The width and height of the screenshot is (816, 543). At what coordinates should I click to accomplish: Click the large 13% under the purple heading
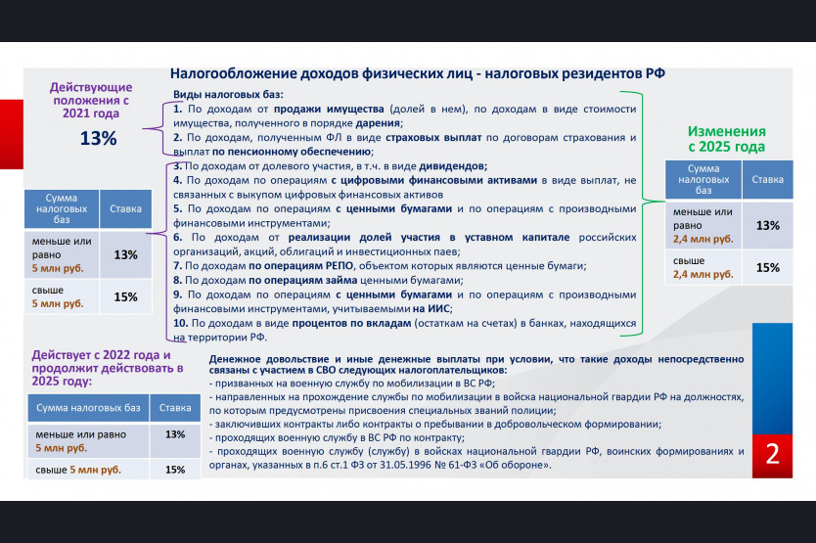point(99,138)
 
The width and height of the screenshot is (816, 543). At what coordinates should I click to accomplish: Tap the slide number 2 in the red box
point(772,454)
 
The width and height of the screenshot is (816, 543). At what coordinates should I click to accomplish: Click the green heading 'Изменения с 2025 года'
point(727,139)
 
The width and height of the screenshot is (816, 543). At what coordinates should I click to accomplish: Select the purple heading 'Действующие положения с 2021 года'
point(91,100)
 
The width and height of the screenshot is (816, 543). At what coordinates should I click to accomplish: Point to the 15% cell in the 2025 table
point(768,268)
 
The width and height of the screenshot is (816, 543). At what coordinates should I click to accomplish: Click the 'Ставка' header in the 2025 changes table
point(768,179)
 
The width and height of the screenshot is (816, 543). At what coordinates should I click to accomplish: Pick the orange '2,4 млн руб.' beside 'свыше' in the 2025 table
point(703,274)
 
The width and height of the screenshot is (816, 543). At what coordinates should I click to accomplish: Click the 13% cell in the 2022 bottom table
point(175,434)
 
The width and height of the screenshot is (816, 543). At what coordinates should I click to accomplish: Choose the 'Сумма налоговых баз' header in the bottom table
point(88,408)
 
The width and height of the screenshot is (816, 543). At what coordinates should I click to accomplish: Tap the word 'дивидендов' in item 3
point(453,166)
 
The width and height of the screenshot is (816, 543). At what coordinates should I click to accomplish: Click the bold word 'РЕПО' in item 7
point(340,265)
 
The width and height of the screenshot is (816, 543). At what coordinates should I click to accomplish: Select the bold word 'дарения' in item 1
point(379,123)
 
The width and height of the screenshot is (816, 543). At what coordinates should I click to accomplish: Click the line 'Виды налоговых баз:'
point(228,95)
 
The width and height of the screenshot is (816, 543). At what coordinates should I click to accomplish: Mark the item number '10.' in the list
point(181,323)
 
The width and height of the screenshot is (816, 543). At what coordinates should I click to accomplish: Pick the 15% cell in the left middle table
point(125,296)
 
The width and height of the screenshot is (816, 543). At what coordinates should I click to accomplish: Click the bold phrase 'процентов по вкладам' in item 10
point(351,323)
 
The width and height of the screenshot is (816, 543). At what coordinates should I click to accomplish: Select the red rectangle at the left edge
point(12,134)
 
